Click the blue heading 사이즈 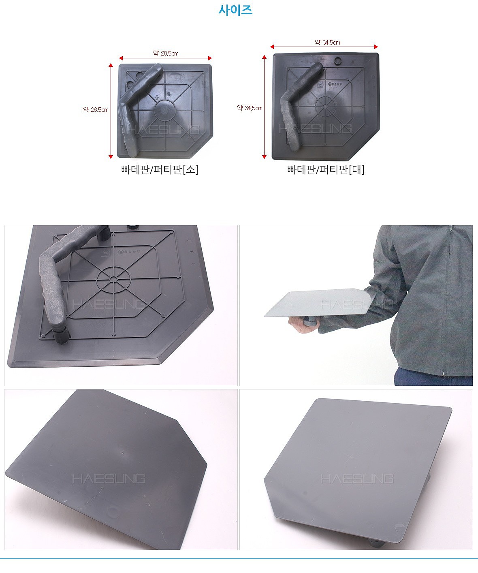(235, 10)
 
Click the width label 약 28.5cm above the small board (166, 53)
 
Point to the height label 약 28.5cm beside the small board (96, 109)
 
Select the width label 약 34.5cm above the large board (327, 42)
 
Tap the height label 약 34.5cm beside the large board (250, 108)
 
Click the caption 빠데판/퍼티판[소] (160, 169)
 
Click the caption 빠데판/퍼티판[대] (326, 169)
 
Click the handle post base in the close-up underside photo (61, 334)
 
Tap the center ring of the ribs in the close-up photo (112, 279)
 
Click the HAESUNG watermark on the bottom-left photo (109, 479)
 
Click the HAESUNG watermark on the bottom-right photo (357, 479)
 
